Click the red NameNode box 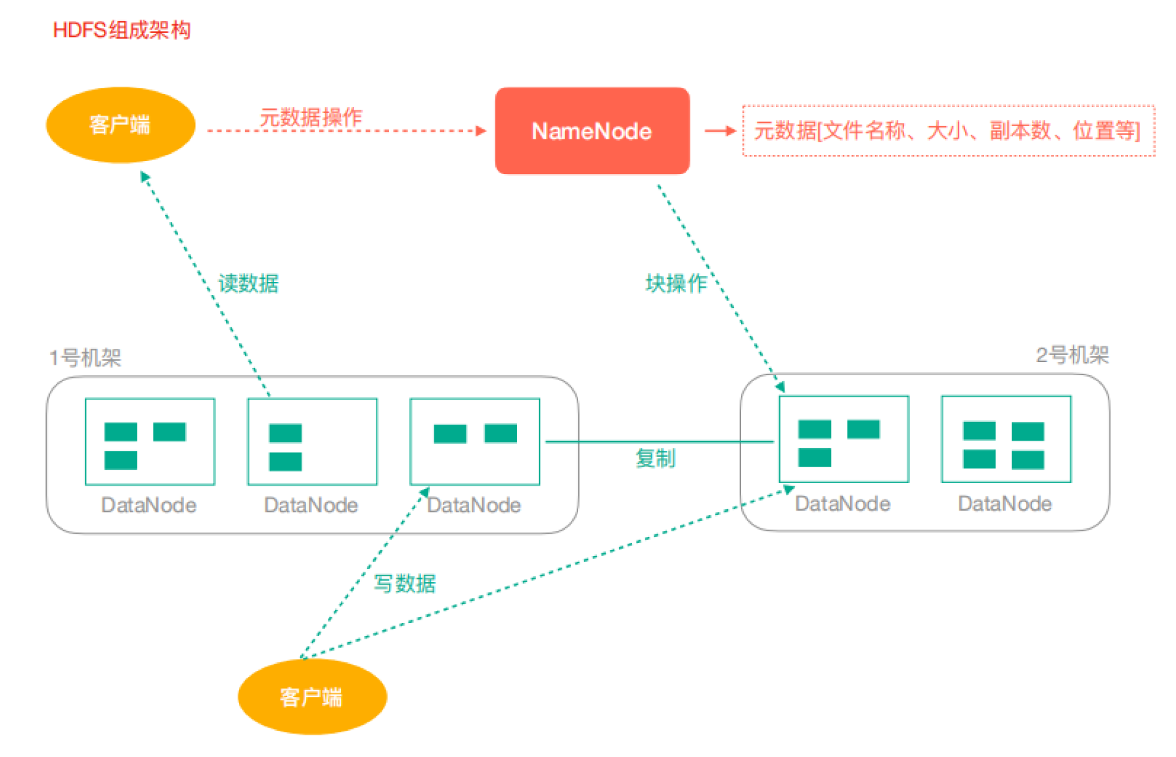pos(592,131)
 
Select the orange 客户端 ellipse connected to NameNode pos(121,125)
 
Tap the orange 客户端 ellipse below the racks pos(312,697)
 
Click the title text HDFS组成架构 pos(122,30)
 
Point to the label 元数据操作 pos(311,118)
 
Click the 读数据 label pos(248,283)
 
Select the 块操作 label pos(676,283)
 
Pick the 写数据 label pos(405,584)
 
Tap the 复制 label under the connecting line pos(655,458)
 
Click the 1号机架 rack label pos(85,358)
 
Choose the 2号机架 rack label pos(1072,356)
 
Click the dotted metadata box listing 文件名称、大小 pos(948,131)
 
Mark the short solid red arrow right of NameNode pos(720,131)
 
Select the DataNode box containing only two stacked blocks pos(312,442)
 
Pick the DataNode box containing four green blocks pos(1006,440)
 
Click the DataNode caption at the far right pos(1005,504)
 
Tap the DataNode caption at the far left pos(148,505)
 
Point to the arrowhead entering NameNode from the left pos(482,131)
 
